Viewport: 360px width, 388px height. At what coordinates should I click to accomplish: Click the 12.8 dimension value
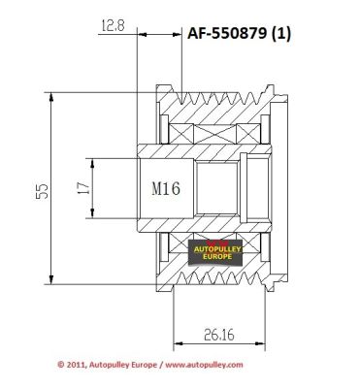coord(113,25)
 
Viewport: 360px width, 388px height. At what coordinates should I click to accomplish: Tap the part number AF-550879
coord(227,33)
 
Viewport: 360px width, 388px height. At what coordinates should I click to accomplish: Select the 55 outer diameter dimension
coord(42,191)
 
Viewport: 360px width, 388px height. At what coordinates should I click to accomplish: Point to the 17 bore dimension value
coord(82,188)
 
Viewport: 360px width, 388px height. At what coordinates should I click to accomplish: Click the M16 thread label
coord(166,188)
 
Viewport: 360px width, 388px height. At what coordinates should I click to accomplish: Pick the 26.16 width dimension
coord(219,335)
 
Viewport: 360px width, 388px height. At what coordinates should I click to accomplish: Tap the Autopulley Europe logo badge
coord(215,252)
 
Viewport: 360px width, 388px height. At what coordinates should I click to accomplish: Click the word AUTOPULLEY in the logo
coord(217,249)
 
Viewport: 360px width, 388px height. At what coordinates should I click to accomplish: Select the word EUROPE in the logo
coord(217,257)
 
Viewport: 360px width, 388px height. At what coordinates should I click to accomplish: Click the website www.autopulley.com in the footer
coord(204,365)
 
